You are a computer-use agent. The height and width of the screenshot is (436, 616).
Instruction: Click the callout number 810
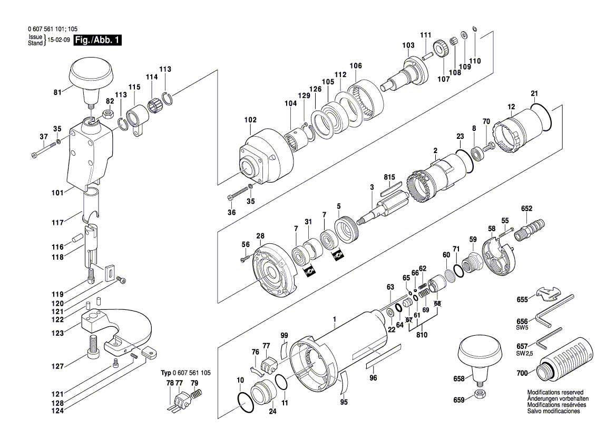pyautogui.click(x=422, y=335)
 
